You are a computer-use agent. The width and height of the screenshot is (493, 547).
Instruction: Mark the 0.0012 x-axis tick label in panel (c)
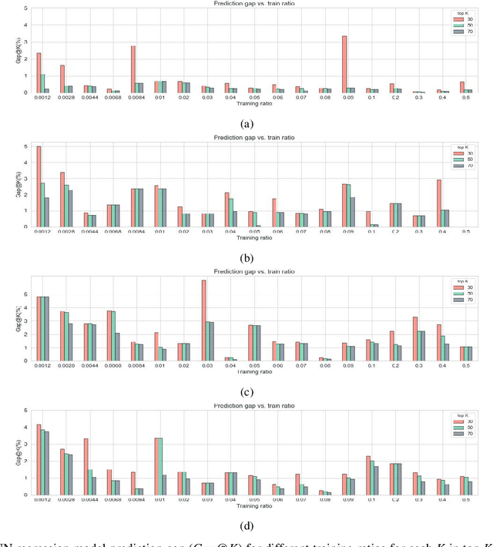(42, 367)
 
